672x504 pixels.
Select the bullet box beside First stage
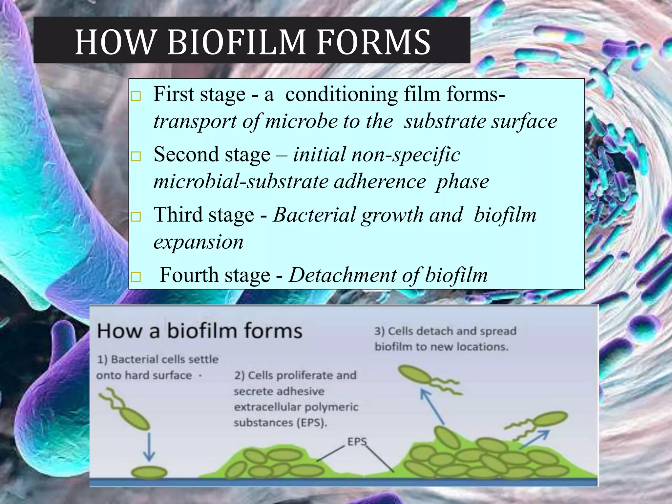point(136,96)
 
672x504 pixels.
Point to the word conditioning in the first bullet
point(341,94)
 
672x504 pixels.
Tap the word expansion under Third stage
point(198,242)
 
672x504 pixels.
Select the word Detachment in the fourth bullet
point(342,275)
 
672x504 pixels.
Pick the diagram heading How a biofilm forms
point(199,331)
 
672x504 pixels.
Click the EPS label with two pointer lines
point(357,442)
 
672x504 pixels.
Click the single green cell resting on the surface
point(149,473)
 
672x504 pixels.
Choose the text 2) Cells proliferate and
point(295,375)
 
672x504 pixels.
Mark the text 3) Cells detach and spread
point(445,331)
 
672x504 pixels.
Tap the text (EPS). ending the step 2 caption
point(312,423)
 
